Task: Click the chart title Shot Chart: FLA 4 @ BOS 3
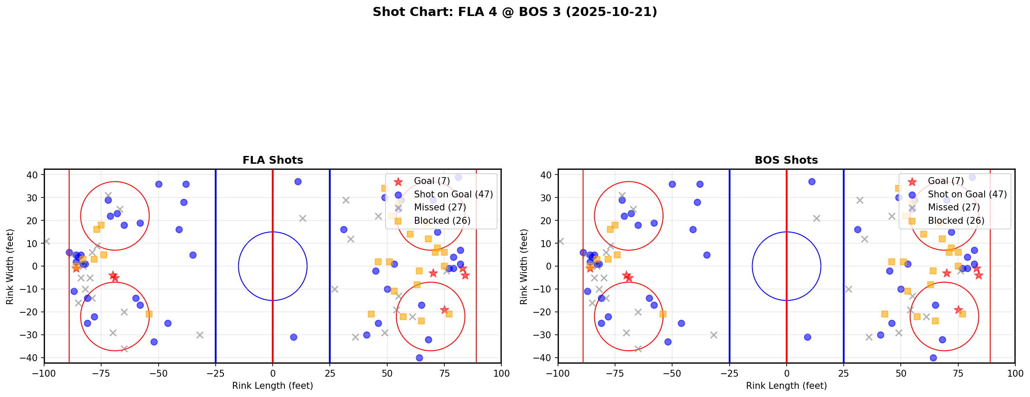click(x=514, y=12)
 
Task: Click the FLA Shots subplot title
click(x=273, y=160)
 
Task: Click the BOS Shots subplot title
click(x=786, y=160)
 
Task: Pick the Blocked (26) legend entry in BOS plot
click(x=956, y=221)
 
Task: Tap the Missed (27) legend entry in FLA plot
click(x=440, y=207)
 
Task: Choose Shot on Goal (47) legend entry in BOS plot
click(x=967, y=194)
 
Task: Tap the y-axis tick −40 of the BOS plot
click(x=545, y=358)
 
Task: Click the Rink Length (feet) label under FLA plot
click(x=273, y=386)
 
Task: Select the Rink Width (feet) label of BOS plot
click(x=524, y=267)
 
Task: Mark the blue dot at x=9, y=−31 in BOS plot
click(x=807, y=337)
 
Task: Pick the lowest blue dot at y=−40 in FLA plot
click(x=419, y=358)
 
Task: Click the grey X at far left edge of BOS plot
click(x=561, y=241)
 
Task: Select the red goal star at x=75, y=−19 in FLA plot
click(x=444, y=310)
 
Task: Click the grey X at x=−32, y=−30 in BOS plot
click(x=714, y=335)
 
